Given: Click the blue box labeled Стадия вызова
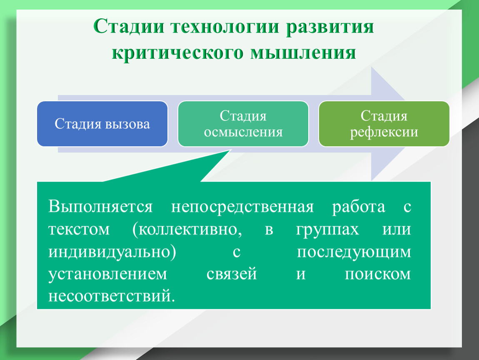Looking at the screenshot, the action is (x=102, y=124).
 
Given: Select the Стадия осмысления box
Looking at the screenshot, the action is (x=243, y=124).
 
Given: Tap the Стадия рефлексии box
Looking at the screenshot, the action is (x=384, y=124).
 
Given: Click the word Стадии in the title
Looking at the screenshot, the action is (x=129, y=26).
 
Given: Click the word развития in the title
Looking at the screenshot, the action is (x=330, y=27).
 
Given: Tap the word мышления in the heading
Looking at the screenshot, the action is (x=303, y=53).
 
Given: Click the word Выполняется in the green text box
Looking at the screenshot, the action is (x=100, y=207).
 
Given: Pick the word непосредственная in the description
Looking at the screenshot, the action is (x=242, y=207).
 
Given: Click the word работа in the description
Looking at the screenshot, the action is (x=359, y=207).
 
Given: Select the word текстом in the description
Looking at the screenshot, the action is (x=79, y=229).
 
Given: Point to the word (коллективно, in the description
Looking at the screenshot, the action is (x=187, y=229).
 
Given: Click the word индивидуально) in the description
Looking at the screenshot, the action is (x=112, y=252).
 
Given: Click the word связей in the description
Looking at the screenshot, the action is (x=232, y=274).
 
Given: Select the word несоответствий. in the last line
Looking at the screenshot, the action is (x=112, y=296).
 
